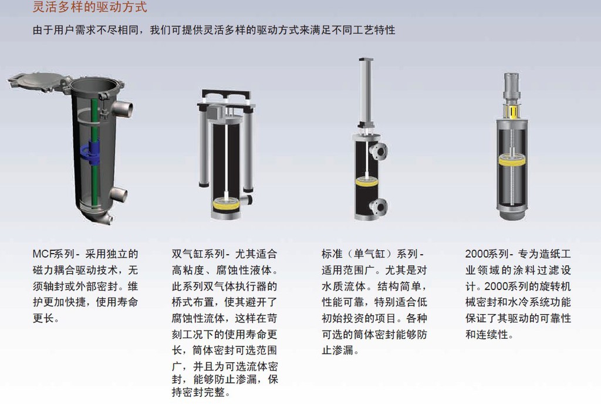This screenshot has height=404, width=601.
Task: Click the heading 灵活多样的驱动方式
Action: point(90,6)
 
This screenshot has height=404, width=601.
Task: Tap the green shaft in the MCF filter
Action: point(94,153)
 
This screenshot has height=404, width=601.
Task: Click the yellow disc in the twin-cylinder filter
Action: point(226,204)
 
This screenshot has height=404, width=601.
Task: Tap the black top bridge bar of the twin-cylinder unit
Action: point(226,95)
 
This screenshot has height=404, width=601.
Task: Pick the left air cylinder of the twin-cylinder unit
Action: point(203,146)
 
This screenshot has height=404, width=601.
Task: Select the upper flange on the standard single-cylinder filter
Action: point(378,151)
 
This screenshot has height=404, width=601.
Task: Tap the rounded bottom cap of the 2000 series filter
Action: point(512,213)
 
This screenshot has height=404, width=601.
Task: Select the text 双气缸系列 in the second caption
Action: point(198,254)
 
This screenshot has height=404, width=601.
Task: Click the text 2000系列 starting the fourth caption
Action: point(487,254)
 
